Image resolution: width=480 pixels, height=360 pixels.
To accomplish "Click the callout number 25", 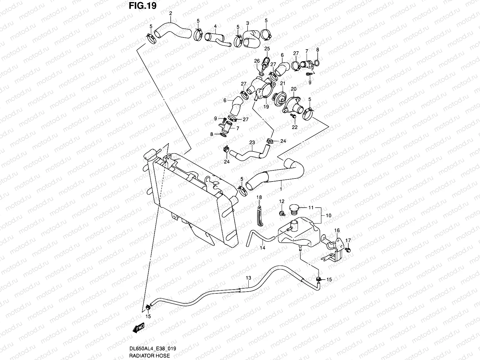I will click(x=267, y=49).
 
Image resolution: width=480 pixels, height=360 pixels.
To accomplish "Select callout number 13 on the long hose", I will click(x=248, y=278).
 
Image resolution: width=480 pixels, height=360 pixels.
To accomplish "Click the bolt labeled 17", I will click(x=348, y=249).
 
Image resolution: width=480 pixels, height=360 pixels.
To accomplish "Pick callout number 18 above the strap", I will click(x=259, y=197).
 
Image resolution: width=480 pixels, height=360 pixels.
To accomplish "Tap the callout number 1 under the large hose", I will click(x=281, y=189).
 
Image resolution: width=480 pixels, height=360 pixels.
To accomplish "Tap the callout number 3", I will click(x=247, y=23).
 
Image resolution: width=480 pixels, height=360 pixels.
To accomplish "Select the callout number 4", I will click(x=215, y=26).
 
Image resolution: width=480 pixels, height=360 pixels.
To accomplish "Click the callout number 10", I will click(x=328, y=215).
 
